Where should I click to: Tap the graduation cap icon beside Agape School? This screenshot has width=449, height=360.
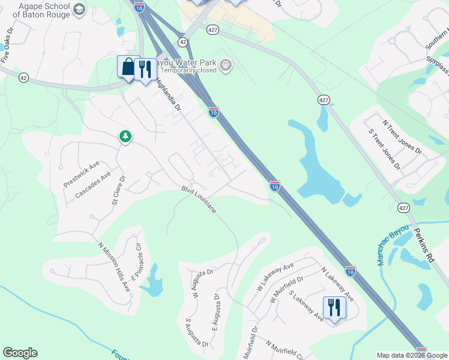[x=79, y=9]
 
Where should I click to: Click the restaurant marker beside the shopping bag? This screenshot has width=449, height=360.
[x=145, y=70]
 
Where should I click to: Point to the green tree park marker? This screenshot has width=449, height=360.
[x=125, y=137]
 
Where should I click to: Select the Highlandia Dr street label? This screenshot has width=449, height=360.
[x=168, y=95]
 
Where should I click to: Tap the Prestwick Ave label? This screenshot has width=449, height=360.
[x=81, y=174]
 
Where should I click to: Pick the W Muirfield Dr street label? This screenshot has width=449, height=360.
[x=287, y=290]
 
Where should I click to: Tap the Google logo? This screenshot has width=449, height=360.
[x=20, y=353]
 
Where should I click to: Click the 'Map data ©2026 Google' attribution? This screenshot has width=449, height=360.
[x=410, y=355]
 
